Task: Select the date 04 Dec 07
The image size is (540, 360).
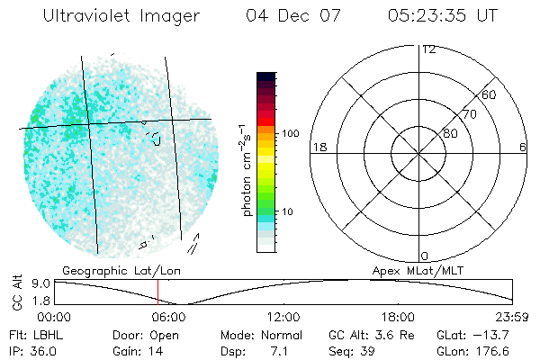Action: coord(292,15)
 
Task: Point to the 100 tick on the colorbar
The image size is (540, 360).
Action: coord(291,133)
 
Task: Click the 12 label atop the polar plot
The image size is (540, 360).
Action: coord(428,49)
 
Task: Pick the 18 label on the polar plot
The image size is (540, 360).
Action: coord(318,147)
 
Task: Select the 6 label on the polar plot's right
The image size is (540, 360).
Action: coord(523,147)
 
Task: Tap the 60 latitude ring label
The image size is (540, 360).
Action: coord(490,94)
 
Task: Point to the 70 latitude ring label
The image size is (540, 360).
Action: coord(469,114)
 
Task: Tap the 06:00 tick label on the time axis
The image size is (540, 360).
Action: coord(169,317)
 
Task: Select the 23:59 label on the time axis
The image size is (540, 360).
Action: coord(513,317)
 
